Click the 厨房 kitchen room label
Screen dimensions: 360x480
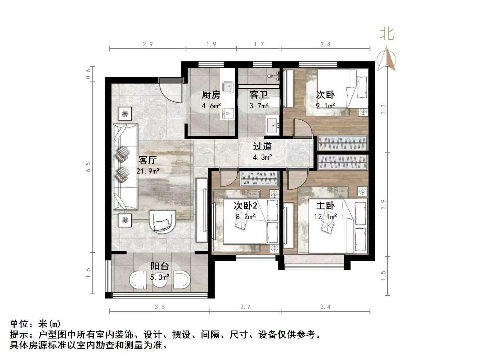point(211,95)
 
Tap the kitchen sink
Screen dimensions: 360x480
point(227,87)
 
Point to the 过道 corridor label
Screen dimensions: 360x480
point(262,146)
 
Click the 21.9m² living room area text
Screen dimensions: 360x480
point(148,171)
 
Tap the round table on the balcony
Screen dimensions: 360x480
point(160,280)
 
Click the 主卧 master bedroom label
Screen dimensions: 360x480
point(325,206)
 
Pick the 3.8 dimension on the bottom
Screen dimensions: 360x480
point(159,307)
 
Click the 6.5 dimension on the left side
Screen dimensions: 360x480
point(89,167)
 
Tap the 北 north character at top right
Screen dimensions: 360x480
point(387,34)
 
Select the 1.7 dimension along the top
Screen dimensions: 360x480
point(259,44)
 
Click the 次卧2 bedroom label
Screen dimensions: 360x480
point(245,206)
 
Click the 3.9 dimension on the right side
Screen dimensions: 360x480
point(383,204)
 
